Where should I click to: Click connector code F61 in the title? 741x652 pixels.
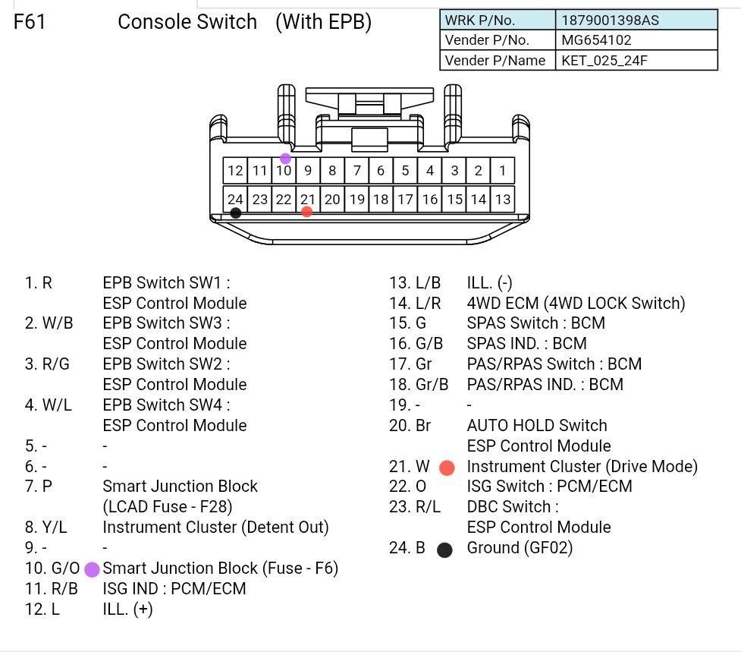point(30,22)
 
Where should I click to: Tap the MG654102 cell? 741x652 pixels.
point(596,40)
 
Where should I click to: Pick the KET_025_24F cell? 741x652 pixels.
point(604,61)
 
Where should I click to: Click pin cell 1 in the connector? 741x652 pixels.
point(502,171)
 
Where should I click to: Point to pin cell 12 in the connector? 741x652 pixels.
point(235,171)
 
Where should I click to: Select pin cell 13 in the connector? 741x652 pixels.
point(502,200)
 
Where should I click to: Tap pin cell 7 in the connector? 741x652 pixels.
point(356,171)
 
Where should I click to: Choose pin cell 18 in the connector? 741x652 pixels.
point(381,200)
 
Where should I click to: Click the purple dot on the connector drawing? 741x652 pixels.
point(285,159)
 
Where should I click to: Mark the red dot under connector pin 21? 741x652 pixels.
point(306,212)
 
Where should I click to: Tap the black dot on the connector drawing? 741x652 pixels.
point(236,213)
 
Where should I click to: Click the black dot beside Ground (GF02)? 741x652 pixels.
point(445,550)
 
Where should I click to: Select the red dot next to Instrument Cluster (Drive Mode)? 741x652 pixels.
point(447,468)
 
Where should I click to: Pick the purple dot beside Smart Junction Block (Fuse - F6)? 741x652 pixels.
point(92,569)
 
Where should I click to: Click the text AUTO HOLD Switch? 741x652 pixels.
point(537,426)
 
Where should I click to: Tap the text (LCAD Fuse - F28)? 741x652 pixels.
point(167,506)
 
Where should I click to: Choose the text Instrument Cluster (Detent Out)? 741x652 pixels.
point(215,527)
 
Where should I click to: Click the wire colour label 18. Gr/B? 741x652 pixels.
point(419,385)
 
